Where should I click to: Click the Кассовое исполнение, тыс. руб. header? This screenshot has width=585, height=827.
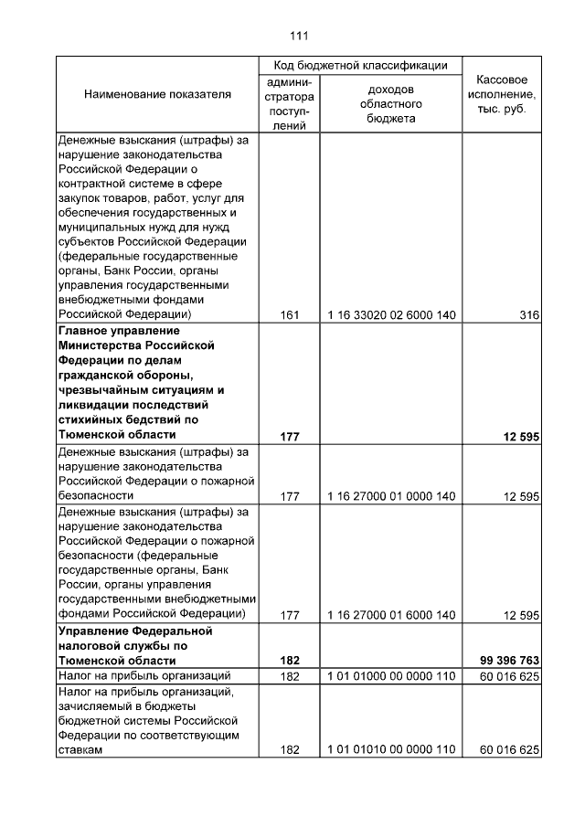[502, 95]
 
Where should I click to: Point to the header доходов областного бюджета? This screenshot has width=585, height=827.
[391, 103]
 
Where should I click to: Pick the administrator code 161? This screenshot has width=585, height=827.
[290, 315]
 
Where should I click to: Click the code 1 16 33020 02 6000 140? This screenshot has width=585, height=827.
[391, 315]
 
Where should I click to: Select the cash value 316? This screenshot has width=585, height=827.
[528, 315]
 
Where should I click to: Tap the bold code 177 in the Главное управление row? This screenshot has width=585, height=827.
[290, 437]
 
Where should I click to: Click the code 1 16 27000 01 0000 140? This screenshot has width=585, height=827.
[391, 496]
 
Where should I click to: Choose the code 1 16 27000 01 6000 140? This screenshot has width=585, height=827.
[391, 615]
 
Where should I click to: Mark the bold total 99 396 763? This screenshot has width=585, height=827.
[509, 660]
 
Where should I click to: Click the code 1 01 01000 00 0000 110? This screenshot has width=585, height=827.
[391, 675]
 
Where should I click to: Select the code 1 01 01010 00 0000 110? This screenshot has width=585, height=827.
[391, 749]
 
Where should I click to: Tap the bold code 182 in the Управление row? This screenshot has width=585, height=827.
[290, 660]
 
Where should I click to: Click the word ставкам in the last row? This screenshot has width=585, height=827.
[80, 749]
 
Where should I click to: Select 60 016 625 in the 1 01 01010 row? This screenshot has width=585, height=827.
[509, 749]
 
